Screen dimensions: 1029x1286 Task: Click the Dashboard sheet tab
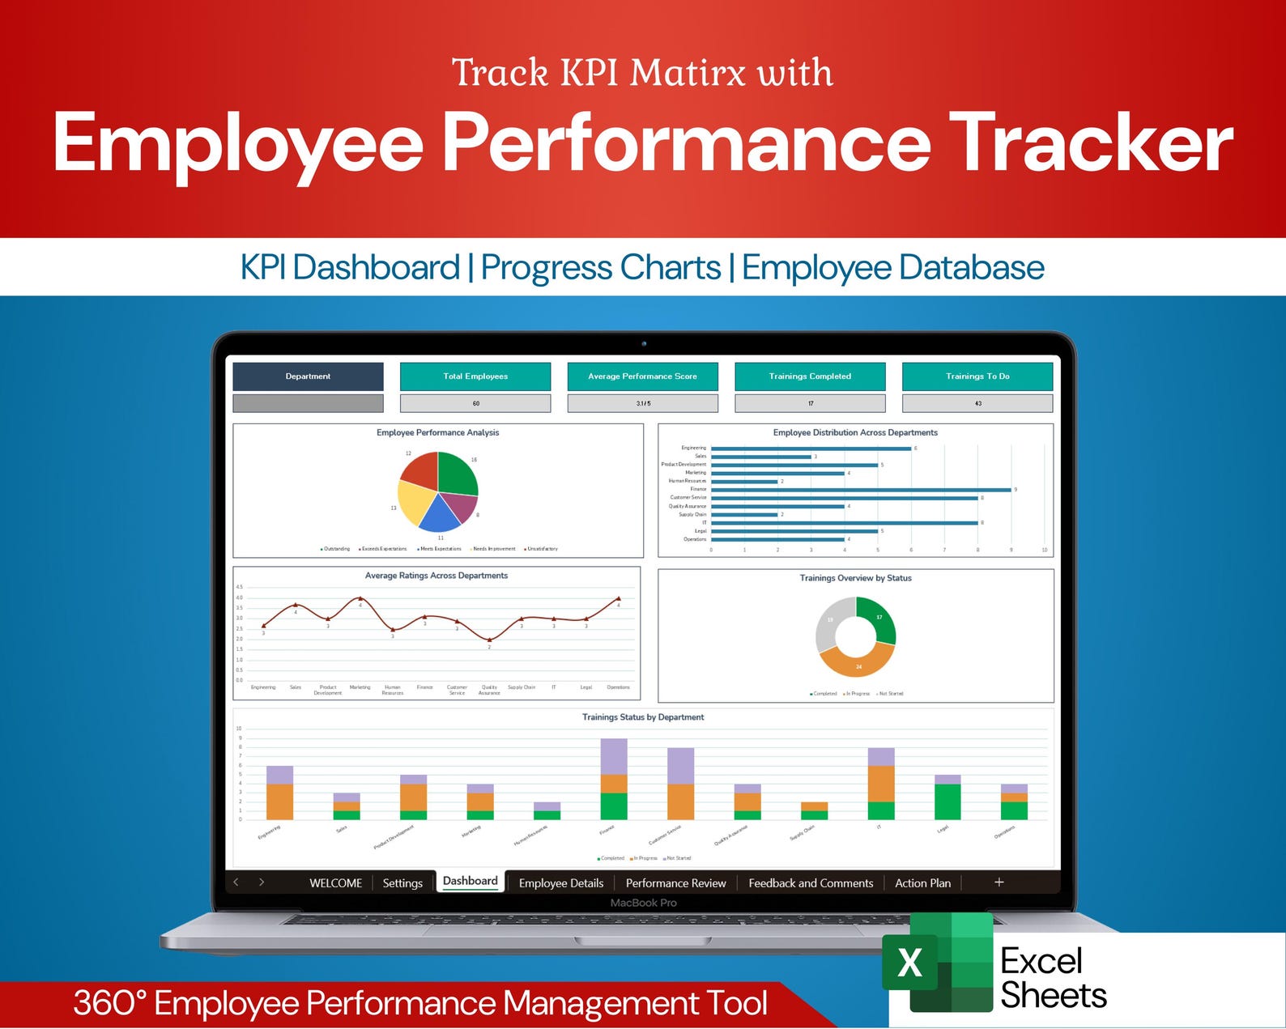[x=470, y=881]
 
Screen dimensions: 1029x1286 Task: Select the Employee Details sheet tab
[x=560, y=883]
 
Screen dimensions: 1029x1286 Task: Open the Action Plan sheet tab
[x=922, y=883]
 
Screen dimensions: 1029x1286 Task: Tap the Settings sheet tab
[x=402, y=883]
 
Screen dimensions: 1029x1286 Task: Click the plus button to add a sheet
[x=999, y=882]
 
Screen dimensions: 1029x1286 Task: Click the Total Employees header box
[x=475, y=376]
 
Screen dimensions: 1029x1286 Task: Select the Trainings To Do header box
[x=977, y=376]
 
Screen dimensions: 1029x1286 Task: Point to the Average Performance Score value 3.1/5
[x=642, y=403]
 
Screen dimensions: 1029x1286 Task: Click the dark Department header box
[x=308, y=376]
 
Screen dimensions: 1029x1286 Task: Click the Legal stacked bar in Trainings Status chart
[x=947, y=800]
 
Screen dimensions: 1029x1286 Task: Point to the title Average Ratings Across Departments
[x=436, y=576]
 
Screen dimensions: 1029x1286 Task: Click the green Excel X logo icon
[x=910, y=963]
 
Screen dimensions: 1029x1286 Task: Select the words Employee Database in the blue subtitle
[x=892, y=268]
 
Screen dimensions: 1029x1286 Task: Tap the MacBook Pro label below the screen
[x=643, y=903]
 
